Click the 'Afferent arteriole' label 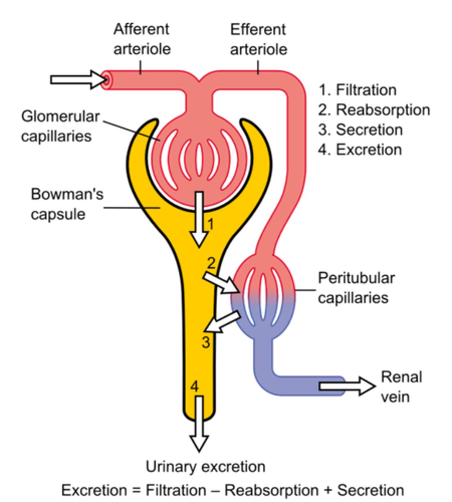point(142,39)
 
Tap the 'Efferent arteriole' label point(258,39)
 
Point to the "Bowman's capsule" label point(67,204)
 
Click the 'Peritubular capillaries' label point(356,288)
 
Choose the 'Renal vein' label point(401,387)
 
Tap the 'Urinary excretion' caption point(205,466)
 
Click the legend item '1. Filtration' point(357,90)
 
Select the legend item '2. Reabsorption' point(374,110)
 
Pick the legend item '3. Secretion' point(360,130)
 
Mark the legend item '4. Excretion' point(360,149)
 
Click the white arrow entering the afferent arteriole point(77,79)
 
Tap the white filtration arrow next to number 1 point(200,220)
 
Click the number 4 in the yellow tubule point(194,387)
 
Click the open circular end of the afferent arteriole point(106,79)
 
